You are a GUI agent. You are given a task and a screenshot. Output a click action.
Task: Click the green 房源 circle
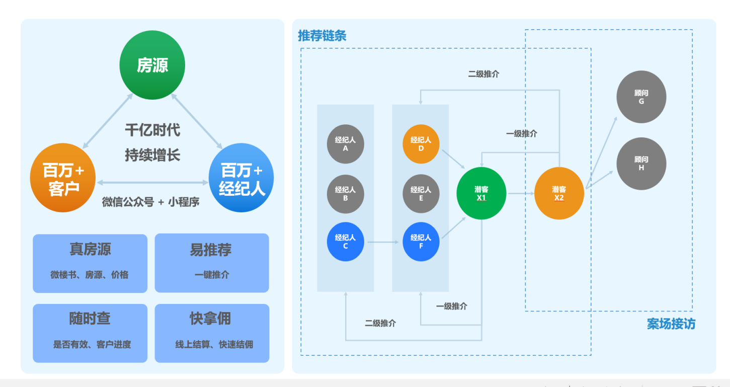pyautogui.click(x=152, y=65)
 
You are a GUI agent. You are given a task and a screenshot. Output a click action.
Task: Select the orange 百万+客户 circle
pyautogui.click(x=63, y=178)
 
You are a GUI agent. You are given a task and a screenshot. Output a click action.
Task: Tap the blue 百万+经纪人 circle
pyautogui.click(x=241, y=178)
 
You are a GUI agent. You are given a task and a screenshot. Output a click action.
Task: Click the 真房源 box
pyautogui.click(x=90, y=263)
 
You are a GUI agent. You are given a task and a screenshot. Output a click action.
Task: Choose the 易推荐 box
pyautogui.click(x=212, y=263)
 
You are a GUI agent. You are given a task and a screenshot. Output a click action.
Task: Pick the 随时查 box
pyautogui.click(x=90, y=333)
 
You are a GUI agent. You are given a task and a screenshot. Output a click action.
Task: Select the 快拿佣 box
pyautogui.click(x=212, y=333)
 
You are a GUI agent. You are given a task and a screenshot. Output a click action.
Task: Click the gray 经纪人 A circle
pyautogui.click(x=346, y=144)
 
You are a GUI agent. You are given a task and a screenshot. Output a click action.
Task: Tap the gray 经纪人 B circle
pyautogui.click(x=346, y=194)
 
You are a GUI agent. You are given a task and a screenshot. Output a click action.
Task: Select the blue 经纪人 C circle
pyautogui.click(x=346, y=242)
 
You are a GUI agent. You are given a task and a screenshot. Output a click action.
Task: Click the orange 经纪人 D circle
pyautogui.click(x=421, y=144)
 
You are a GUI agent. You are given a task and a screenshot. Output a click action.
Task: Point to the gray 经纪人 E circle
pyautogui.click(x=421, y=194)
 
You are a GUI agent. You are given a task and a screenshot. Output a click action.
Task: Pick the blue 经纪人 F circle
pyautogui.click(x=421, y=242)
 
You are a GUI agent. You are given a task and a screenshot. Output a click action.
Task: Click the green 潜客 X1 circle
pyautogui.click(x=481, y=193)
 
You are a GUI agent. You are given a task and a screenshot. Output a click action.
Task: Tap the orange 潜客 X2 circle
pyautogui.click(x=559, y=193)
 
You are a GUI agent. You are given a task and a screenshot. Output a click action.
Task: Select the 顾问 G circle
pyautogui.click(x=641, y=97)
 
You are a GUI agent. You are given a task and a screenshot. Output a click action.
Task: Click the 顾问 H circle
pyautogui.click(x=641, y=164)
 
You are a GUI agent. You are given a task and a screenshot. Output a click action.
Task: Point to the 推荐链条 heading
pyautogui.click(x=322, y=36)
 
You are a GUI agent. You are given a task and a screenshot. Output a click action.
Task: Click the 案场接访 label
pyautogui.click(x=671, y=324)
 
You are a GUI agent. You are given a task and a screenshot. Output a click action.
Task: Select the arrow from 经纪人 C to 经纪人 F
pyautogui.click(x=383, y=242)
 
